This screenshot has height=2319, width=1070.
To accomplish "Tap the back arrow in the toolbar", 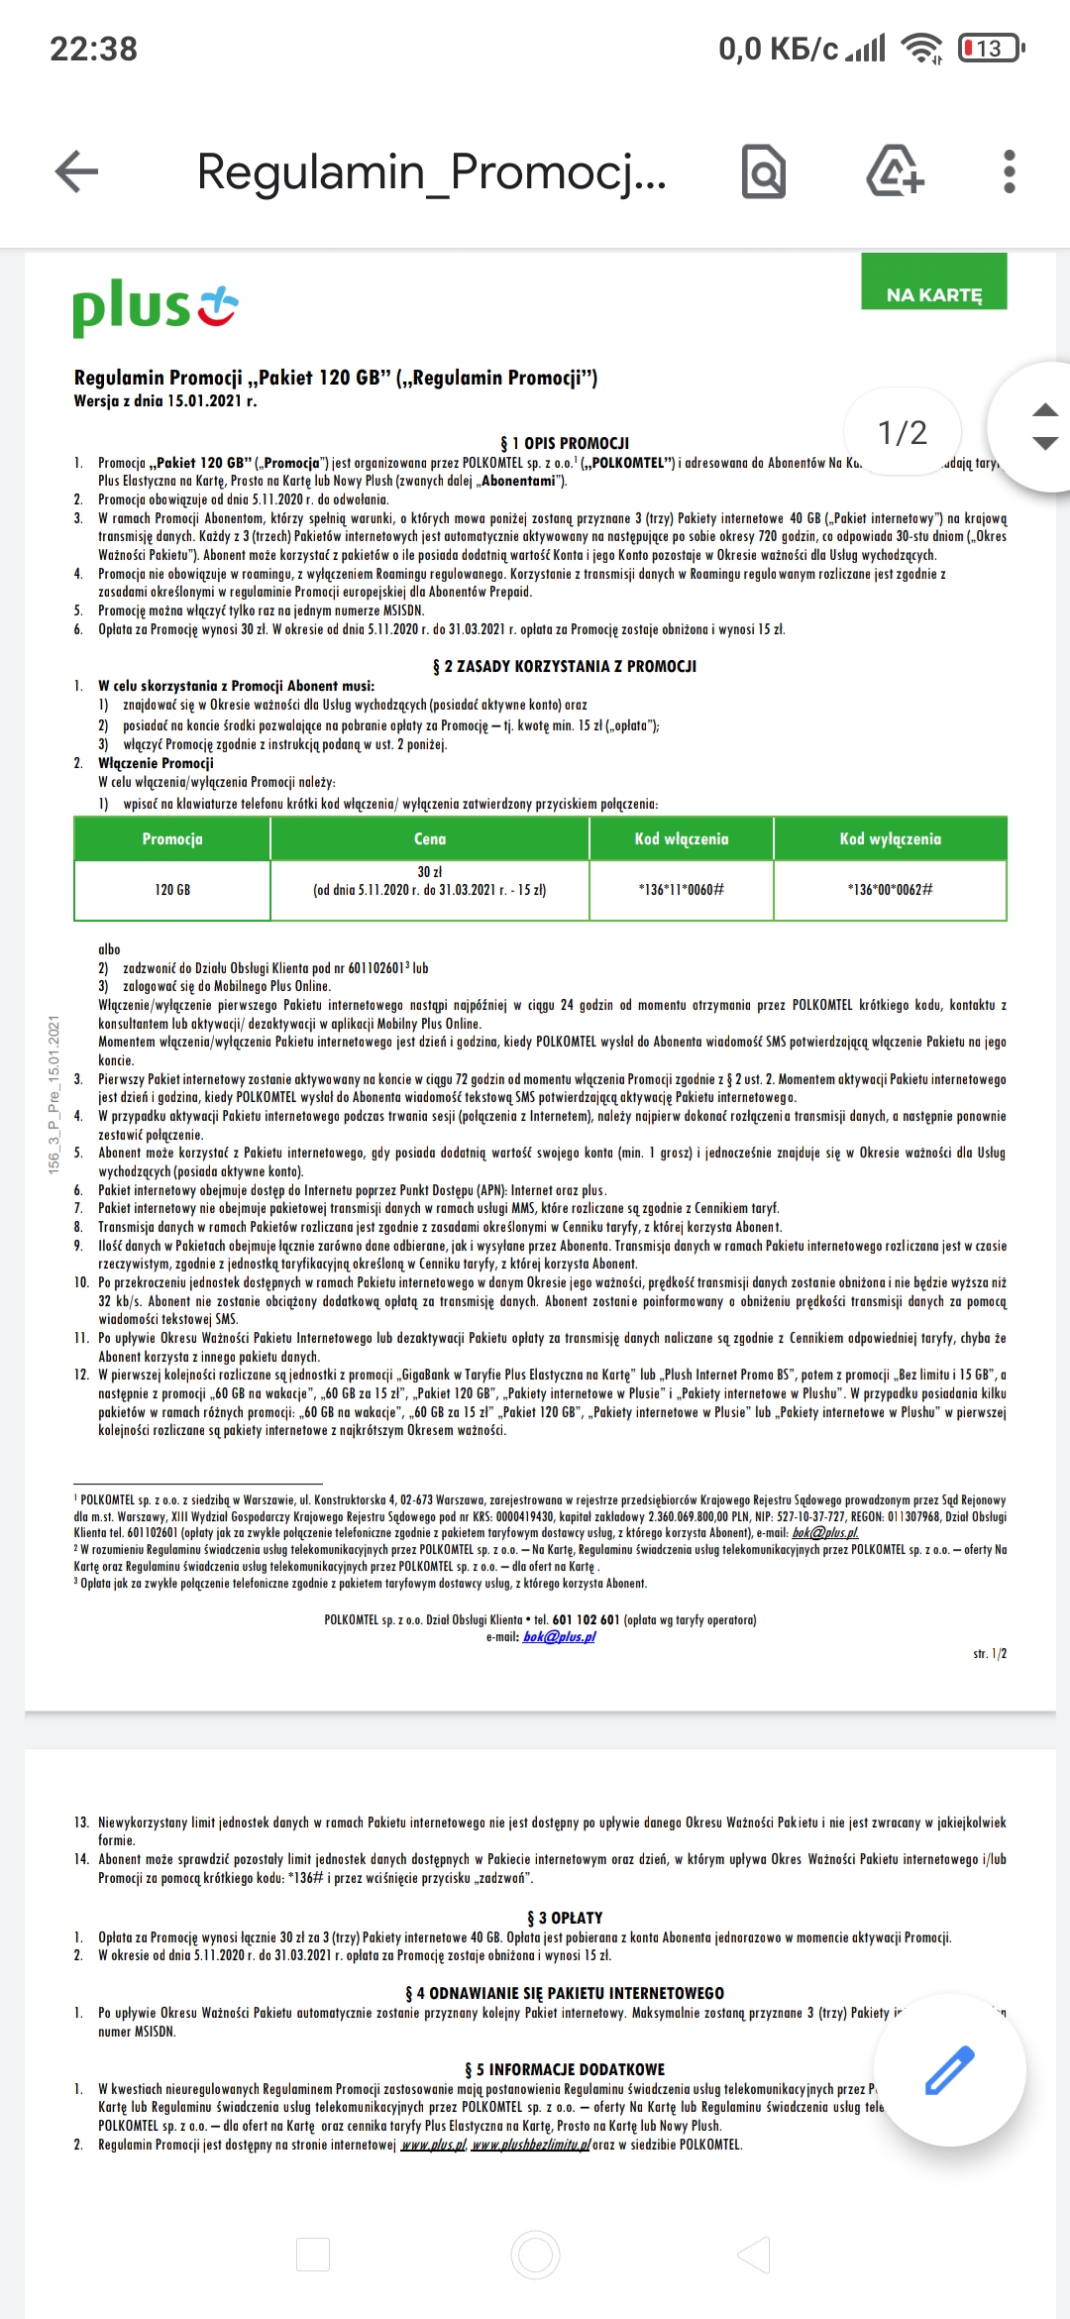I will coord(76,171).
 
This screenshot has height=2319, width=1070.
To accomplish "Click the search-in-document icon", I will coord(764,171).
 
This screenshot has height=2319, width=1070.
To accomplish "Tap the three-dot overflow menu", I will coord(1009,171).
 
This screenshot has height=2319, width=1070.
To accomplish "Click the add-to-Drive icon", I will coord(895,171).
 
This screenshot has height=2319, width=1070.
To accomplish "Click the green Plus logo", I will coord(155,307).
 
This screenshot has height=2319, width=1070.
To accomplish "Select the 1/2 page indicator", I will coord(902,432).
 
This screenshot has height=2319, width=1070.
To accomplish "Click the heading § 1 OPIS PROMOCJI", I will coord(565,443).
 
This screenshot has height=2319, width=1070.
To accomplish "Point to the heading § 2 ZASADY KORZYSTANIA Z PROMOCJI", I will coord(565,666).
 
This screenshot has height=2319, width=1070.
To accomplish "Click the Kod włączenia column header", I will coord(682,838).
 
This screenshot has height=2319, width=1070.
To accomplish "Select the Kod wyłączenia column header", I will coord(890,838).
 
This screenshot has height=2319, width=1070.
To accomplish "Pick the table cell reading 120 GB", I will coord(172,890).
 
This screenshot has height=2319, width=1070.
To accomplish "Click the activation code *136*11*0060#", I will coord(682,890).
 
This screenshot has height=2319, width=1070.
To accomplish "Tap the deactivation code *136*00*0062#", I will coord(890,890).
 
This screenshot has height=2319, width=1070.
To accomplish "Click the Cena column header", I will coord(430,838).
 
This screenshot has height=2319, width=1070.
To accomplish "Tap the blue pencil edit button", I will coord(949,2070).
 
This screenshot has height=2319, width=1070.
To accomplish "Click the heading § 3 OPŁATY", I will coord(565,1918).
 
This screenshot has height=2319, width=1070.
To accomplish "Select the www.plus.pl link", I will coord(433,2145).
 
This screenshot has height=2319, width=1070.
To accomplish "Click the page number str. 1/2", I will coord(989,1654).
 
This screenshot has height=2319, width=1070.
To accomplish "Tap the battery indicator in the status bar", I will coord(990,48).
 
